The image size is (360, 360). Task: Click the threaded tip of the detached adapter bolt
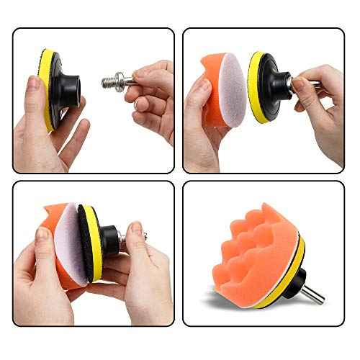coord(108,78)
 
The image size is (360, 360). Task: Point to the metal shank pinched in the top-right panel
coord(297,84)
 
